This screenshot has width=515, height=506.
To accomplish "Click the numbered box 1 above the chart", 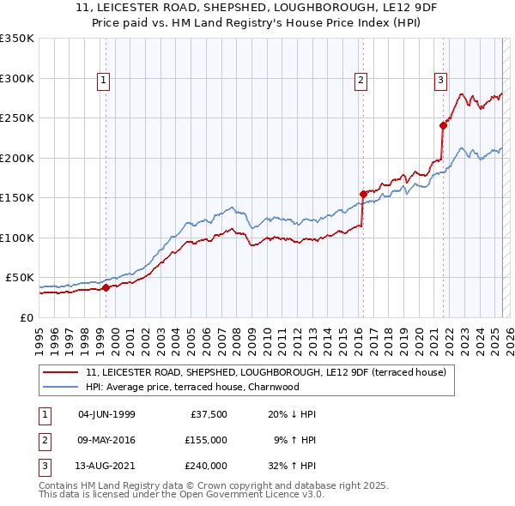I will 103,81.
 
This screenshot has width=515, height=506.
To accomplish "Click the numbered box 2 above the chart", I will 360,81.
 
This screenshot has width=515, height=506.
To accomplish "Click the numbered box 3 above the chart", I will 440,81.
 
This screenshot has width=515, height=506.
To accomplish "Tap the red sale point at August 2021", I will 444,125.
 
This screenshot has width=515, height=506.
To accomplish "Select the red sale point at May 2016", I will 363,194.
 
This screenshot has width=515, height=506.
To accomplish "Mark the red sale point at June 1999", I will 106,288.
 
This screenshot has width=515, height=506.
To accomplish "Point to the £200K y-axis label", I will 16,158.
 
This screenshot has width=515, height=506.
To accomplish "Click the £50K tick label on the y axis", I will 19,278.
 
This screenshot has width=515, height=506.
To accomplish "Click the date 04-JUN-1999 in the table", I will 106,414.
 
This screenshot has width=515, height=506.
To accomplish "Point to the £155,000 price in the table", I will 205,440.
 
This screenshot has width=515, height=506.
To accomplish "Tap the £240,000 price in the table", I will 205,466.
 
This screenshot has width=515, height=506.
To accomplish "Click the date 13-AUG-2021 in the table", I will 106,466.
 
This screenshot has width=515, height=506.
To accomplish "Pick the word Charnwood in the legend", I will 273,387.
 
